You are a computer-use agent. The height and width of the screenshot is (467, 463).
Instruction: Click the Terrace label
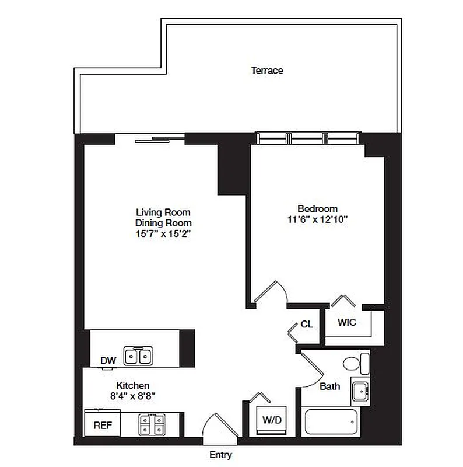(x=267, y=71)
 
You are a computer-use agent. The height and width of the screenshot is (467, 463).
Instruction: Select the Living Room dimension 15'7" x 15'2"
(x=163, y=233)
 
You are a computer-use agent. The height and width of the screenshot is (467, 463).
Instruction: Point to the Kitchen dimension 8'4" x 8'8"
(x=133, y=396)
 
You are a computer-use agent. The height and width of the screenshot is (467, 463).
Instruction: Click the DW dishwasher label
(x=108, y=361)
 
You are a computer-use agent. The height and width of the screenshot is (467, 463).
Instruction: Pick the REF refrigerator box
(x=103, y=424)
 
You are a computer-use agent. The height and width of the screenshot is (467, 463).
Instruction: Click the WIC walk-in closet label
(x=346, y=322)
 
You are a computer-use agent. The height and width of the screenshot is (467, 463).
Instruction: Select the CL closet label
(x=307, y=325)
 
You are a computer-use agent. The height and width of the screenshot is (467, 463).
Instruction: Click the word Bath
(x=329, y=386)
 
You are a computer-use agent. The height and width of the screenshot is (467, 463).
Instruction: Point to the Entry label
(x=220, y=455)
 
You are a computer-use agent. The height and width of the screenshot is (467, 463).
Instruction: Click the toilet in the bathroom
(x=353, y=364)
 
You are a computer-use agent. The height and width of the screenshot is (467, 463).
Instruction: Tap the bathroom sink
(x=359, y=390)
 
